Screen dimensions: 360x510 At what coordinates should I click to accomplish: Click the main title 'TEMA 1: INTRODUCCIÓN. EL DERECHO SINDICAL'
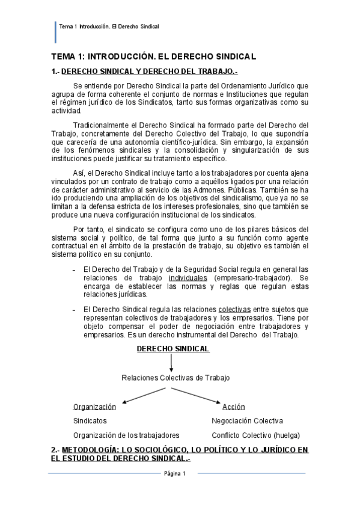[153, 57]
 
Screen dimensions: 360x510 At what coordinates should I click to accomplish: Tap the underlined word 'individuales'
[187, 278]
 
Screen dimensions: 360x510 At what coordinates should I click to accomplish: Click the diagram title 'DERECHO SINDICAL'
[173, 349]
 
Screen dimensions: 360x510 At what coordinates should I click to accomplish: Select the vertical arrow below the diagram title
[171, 363]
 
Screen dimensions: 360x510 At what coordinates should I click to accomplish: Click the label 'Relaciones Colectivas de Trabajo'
[175, 378]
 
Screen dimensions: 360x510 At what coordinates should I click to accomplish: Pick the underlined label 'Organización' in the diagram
[94, 407]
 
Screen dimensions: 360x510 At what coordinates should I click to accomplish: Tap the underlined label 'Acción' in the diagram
[234, 407]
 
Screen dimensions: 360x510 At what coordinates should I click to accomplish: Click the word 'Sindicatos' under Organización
[90, 421]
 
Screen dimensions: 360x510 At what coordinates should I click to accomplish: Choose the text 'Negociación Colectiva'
[247, 421]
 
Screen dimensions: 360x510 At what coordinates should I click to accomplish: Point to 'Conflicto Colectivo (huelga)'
[255, 435]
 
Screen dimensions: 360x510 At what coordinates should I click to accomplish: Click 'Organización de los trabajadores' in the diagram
[126, 435]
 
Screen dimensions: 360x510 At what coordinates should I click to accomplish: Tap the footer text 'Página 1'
[175, 474]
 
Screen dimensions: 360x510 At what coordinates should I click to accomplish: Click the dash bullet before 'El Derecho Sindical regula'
[74, 310]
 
